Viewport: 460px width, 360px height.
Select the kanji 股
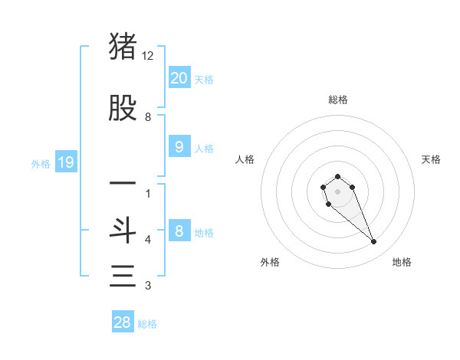(123, 109)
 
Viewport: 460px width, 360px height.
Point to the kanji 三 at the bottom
(123, 276)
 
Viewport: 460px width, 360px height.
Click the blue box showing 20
(179, 77)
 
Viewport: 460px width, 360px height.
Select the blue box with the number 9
(179, 146)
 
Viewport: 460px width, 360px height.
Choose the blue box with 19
(65, 162)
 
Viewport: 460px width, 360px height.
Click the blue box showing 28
(123, 322)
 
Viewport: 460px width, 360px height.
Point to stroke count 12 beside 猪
(148, 56)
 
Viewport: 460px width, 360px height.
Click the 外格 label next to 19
(41, 163)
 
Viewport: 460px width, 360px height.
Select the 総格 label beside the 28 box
(147, 324)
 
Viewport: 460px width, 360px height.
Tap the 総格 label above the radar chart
(337, 100)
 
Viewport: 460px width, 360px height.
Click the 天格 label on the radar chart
(431, 159)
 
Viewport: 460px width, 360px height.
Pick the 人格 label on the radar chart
(245, 159)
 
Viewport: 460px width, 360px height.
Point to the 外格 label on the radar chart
(270, 262)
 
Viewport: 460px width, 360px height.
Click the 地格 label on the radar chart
(402, 262)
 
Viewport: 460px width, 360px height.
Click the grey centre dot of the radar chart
(337, 191)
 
